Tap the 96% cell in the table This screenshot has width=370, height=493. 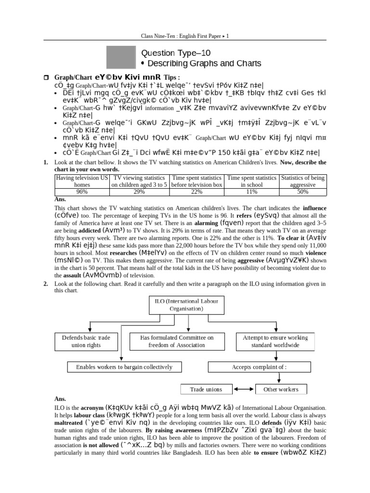click(x=82, y=192)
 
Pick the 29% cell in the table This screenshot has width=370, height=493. click(x=140, y=192)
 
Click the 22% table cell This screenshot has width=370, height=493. click(x=197, y=192)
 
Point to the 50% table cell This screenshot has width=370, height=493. click(x=303, y=192)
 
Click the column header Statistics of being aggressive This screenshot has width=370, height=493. click(x=303, y=181)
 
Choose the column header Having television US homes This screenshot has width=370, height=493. click(x=82, y=181)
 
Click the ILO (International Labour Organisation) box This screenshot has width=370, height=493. click(x=179, y=305)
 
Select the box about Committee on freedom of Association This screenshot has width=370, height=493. click(x=176, y=341)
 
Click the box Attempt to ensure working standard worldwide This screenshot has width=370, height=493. click(x=272, y=341)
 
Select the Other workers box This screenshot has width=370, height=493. click(x=281, y=389)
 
